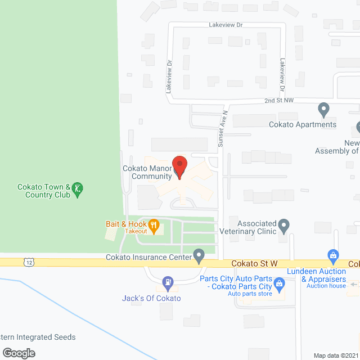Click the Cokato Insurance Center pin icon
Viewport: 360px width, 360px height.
tap(199, 256)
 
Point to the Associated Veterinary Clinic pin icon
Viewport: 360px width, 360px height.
tap(284, 226)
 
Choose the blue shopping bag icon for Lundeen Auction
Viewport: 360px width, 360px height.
tap(333, 256)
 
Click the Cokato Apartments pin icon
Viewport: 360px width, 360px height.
tap(323, 108)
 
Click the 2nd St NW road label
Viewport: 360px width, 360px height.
tap(280, 101)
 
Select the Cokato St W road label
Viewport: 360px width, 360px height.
tap(255, 264)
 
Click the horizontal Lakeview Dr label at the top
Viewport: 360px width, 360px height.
tap(225, 25)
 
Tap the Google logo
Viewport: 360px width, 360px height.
tap(19, 353)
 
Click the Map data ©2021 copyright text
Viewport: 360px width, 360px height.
tap(335, 355)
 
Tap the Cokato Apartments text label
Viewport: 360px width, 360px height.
tap(303, 124)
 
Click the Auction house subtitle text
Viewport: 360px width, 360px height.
tap(326, 286)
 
